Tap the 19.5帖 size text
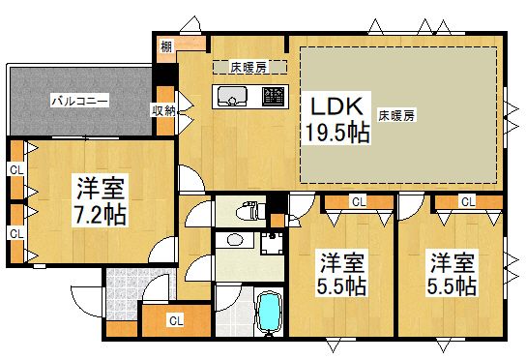click(x=338, y=134)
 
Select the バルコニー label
click(x=79, y=100)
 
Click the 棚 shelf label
click(x=166, y=45)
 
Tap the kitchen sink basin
click(x=233, y=96)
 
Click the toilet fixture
click(x=252, y=209)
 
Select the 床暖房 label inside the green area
click(x=396, y=116)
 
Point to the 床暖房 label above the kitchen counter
click(x=248, y=67)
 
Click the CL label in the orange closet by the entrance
click(x=175, y=318)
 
